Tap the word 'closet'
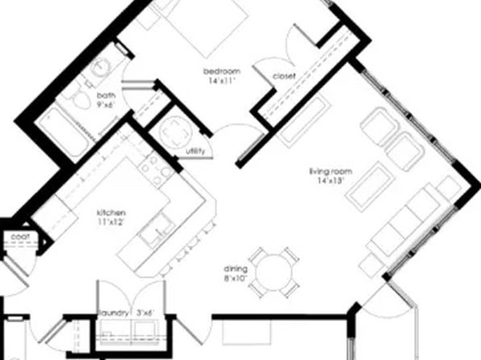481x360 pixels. (x=284, y=76)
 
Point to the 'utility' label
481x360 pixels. (x=195, y=151)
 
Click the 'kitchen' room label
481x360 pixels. (x=112, y=211)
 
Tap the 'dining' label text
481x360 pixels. (x=235, y=269)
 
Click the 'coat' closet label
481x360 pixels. (x=16, y=237)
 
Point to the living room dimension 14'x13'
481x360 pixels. (x=328, y=181)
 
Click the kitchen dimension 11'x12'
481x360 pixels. (x=111, y=222)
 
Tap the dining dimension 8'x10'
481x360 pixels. (x=235, y=278)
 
